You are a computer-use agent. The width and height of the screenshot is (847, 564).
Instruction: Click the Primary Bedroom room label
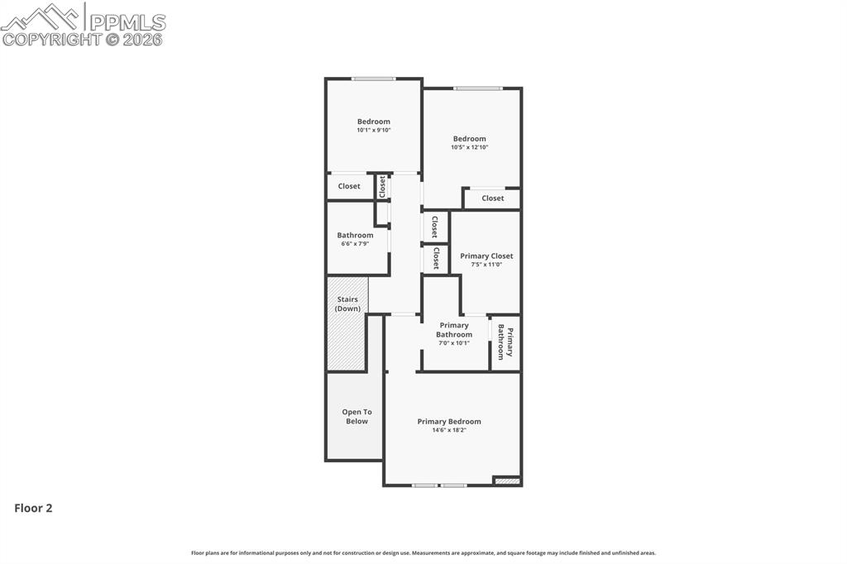(x=448, y=422)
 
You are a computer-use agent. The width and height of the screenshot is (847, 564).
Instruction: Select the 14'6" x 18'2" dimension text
(x=448, y=430)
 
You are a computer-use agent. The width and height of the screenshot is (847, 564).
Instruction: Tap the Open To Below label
(x=357, y=417)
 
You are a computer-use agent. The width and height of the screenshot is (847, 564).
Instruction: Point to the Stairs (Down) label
(x=347, y=304)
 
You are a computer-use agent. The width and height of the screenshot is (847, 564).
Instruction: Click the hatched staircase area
(x=347, y=343)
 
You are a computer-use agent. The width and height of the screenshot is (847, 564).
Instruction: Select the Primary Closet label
(x=486, y=256)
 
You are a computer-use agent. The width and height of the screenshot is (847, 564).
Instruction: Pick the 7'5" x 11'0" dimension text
(x=486, y=265)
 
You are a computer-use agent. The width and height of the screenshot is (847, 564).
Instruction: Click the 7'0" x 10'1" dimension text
(x=454, y=343)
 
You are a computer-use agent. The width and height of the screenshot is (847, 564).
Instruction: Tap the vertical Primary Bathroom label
(x=505, y=342)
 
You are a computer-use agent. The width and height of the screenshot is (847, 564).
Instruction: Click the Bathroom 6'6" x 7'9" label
(x=355, y=239)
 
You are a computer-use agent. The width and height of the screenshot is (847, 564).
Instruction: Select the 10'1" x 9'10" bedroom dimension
(x=374, y=130)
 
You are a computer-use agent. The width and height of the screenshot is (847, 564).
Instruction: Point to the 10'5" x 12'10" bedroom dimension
(x=469, y=147)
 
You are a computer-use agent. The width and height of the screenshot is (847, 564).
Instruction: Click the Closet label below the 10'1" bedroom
(x=349, y=186)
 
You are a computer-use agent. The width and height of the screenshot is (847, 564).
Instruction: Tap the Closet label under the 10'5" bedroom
(x=493, y=198)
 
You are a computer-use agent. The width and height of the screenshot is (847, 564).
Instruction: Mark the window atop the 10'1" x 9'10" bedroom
(x=373, y=79)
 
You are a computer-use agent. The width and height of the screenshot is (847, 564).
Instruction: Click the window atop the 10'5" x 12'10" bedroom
(x=477, y=88)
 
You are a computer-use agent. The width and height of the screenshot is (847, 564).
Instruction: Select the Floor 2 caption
(x=33, y=509)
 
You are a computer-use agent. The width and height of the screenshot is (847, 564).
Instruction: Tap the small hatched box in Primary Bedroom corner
(x=507, y=480)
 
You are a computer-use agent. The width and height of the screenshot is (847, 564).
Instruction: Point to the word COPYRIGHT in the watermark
(x=51, y=39)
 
